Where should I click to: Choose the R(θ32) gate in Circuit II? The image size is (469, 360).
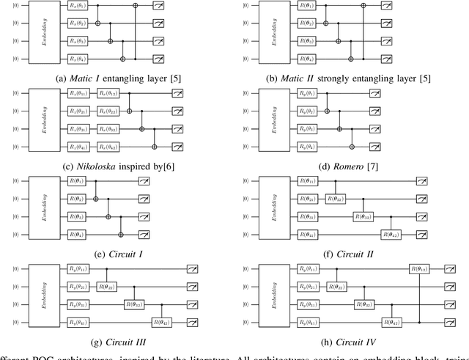[x=363, y=216]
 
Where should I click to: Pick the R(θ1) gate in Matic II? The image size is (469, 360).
[x=306, y=6]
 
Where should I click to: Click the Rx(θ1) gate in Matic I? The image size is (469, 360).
[x=75, y=6]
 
